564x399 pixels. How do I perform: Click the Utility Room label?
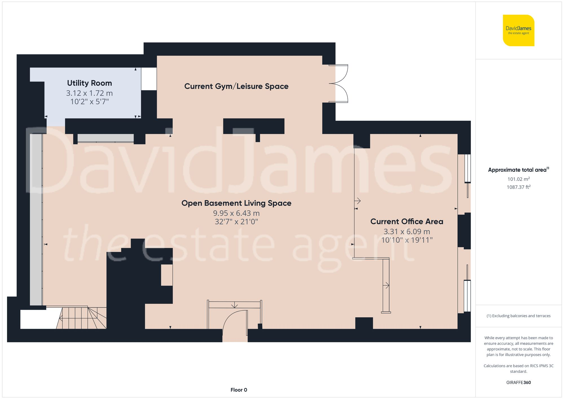(x=89, y=83)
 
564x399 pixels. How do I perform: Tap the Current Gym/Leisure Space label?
(x=236, y=86)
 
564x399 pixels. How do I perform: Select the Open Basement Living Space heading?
(x=236, y=203)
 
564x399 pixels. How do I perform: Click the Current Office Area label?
(x=407, y=221)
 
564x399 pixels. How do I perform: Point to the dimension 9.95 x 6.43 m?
(x=236, y=213)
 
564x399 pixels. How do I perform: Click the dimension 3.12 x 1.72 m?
(x=89, y=93)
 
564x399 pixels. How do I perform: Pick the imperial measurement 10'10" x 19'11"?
(x=407, y=240)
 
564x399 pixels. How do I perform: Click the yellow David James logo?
(x=518, y=30)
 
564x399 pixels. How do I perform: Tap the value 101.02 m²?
(x=518, y=179)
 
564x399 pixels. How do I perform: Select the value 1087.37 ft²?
(x=518, y=187)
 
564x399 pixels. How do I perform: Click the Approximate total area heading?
(x=518, y=170)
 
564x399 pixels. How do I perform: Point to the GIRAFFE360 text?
(x=518, y=382)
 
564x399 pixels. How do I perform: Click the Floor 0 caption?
(x=239, y=390)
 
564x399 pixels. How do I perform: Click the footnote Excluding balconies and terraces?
(x=518, y=316)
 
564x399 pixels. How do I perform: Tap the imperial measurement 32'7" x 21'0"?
(x=236, y=222)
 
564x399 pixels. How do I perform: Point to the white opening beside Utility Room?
(x=149, y=79)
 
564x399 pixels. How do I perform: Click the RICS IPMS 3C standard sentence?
(x=518, y=369)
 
